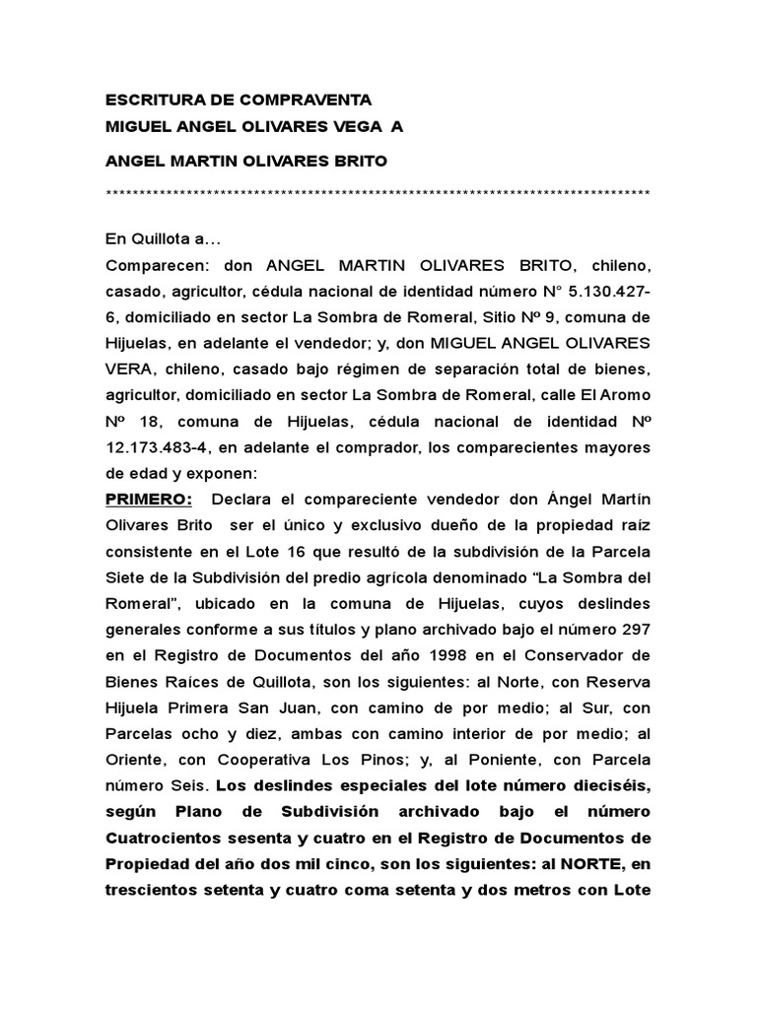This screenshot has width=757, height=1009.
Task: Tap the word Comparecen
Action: pos(151,266)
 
